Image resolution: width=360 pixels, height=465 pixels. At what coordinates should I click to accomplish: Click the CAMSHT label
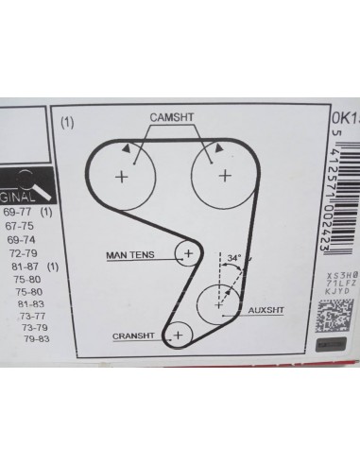174,115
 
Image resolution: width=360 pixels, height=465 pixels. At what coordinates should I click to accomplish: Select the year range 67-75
21,201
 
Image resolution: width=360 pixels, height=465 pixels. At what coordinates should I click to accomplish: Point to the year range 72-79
25,228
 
